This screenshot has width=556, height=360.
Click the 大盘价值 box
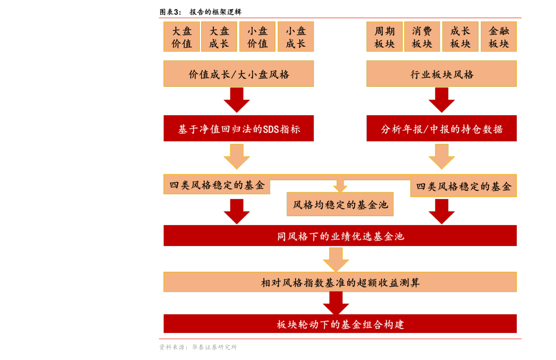point(182,37)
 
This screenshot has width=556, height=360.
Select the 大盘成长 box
point(219,37)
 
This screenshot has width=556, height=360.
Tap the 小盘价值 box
point(257,37)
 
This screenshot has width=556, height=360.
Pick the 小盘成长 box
point(296,37)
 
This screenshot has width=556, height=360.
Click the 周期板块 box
point(384,37)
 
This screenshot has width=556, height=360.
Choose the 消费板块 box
point(422,37)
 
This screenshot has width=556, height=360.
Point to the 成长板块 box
point(460,37)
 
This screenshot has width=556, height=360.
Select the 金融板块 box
point(499,37)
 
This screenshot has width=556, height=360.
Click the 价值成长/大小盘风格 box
point(239,74)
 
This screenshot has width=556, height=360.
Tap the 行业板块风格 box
point(442,74)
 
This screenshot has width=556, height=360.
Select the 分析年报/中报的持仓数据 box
point(442,129)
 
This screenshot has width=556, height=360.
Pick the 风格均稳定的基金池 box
point(340,205)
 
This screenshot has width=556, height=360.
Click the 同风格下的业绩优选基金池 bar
point(340,236)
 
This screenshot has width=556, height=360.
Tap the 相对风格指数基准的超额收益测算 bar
point(340,282)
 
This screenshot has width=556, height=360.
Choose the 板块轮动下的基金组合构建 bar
point(340,324)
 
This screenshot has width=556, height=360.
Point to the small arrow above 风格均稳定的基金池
point(340,186)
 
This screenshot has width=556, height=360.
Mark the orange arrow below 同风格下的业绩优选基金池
point(336,260)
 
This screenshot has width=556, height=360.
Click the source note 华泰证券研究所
point(214,347)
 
